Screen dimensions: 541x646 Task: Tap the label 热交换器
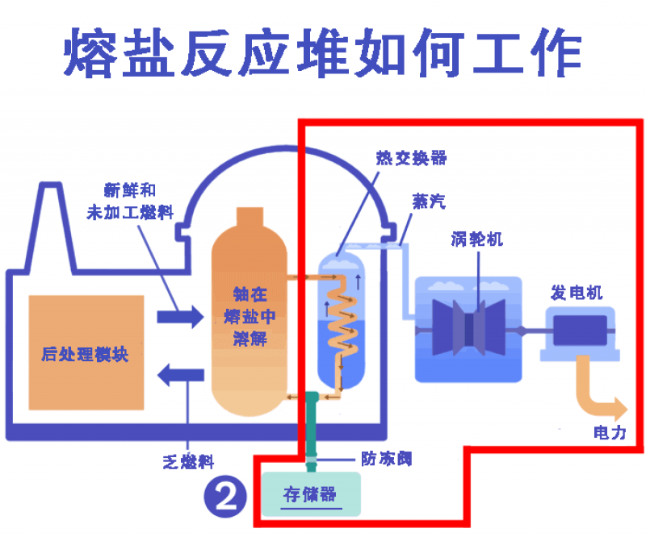[411, 158]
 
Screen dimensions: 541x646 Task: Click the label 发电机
[577, 292]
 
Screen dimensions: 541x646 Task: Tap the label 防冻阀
[387, 459]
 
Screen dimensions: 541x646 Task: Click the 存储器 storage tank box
[310, 493]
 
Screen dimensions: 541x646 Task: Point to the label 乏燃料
[188, 462]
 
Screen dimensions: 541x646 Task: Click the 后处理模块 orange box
[86, 352]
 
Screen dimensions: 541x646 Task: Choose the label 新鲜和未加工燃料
[131, 202]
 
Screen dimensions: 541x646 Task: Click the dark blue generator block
[578, 331]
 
